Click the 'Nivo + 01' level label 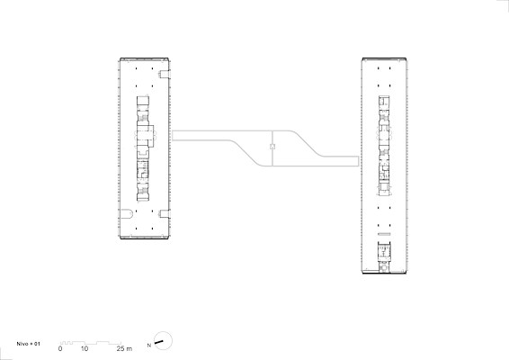click(29, 344)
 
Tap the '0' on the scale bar click(60, 349)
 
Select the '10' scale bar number click(85, 349)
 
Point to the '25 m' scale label click(124, 349)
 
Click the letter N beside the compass click(149, 346)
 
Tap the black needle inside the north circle click(159, 342)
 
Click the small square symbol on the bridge click(272, 147)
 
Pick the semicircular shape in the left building click(126, 214)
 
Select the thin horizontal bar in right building click(384, 234)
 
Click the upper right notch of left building click(164, 74)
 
